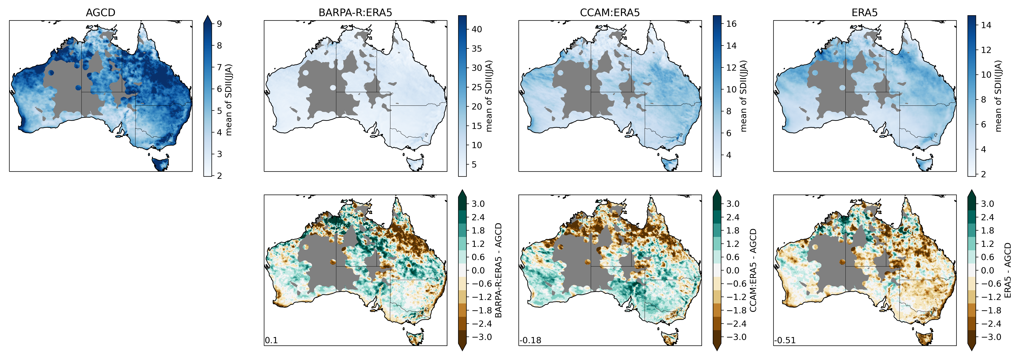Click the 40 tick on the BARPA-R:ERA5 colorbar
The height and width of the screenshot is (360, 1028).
click(x=476, y=29)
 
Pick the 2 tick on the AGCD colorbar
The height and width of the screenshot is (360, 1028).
click(x=219, y=176)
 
